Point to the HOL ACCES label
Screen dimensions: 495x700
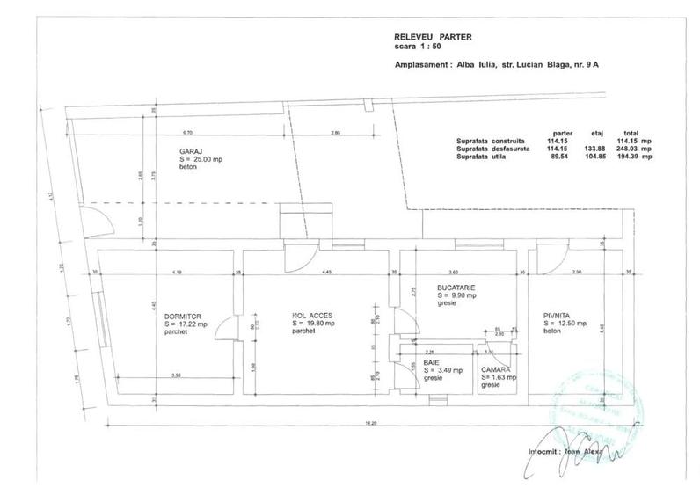pos(313,316)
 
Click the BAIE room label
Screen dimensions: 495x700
pos(432,361)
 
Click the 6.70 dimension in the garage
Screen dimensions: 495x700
pos(187,132)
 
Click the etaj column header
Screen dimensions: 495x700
pos(591,132)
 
